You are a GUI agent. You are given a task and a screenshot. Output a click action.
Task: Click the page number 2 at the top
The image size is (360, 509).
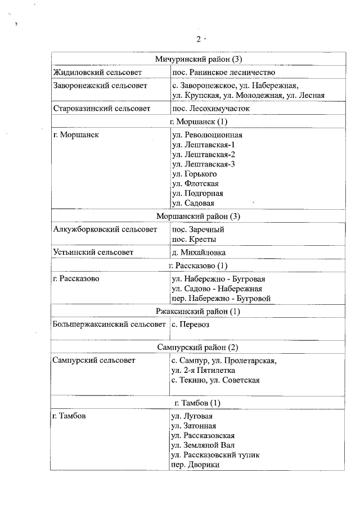click(x=198, y=39)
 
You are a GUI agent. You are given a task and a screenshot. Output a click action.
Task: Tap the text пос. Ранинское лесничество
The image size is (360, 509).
click(x=223, y=72)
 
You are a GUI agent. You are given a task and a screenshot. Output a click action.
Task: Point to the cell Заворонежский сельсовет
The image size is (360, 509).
click(x=100, y=85)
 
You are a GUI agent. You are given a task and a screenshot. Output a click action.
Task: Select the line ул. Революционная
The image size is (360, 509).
click(x=207, y=135)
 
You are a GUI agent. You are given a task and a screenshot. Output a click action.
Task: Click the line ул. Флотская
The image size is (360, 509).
click(x=195, y=183)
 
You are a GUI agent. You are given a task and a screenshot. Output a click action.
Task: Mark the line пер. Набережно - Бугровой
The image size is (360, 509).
click(x=222, y=298)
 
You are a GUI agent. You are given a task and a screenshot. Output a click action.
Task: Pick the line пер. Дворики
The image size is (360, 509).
click(x=195, y=465)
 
